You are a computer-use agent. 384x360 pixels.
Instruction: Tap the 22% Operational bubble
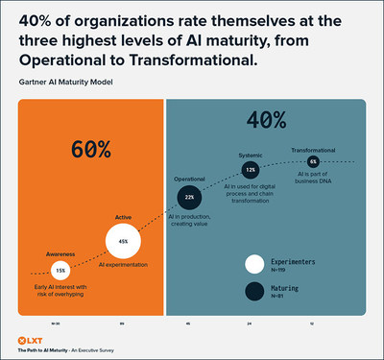point(190,198)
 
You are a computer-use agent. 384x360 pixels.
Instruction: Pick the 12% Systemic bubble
point(251,169)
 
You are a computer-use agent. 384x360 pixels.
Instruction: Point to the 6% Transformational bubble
point(313,162)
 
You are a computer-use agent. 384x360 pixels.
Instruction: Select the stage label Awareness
point(60,253)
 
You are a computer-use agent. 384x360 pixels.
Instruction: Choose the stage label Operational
point(189,179)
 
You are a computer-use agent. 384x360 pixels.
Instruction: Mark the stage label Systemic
point(250,154)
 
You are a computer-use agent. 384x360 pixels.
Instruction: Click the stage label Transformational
point(313,149)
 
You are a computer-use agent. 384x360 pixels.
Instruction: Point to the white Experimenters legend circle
point(255,264)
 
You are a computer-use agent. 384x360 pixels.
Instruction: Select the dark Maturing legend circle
point(255,293)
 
